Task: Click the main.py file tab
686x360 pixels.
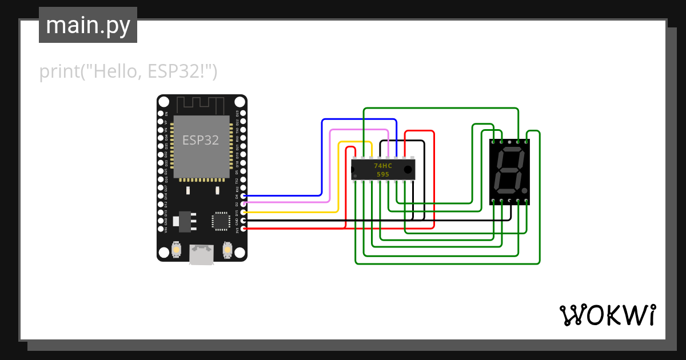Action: click(88, 25)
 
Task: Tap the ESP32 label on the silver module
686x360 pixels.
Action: click(201, 140)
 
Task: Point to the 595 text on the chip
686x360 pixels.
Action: click(382, 174)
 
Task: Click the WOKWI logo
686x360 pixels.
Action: click(607, 315)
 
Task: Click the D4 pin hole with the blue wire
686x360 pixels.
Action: click(244, 196)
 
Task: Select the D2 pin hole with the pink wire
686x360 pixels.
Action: click(244, 204)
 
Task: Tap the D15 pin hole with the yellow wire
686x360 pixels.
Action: click(244, 212)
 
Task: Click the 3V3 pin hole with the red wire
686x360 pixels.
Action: click(244, 229)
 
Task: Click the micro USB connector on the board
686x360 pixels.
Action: click(202, 254)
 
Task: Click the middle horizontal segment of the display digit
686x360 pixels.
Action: click(508, 170)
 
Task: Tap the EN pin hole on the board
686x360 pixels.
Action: click(161, 114)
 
